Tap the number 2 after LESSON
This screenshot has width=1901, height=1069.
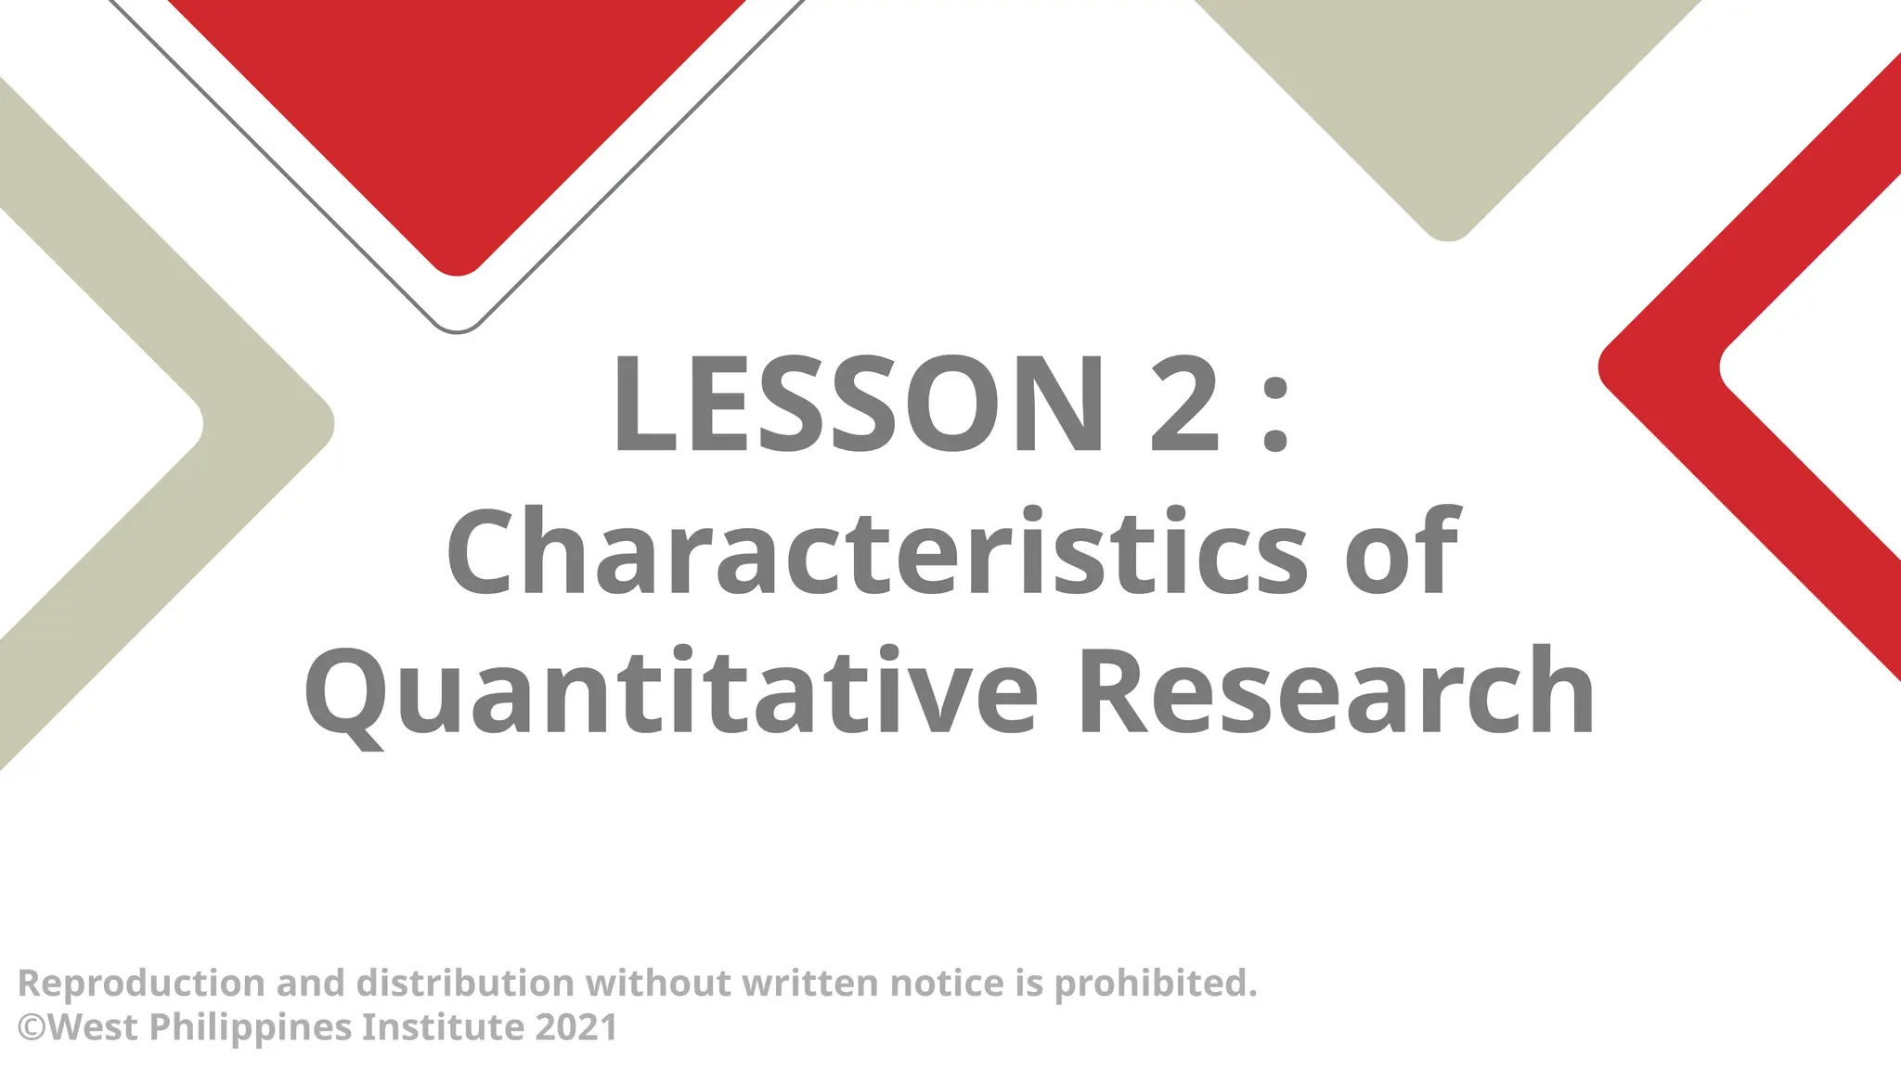pyautogui.click(x=1184, y=406)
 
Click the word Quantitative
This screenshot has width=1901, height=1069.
pyautogui.click(x=671, y=691)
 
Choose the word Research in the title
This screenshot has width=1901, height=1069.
pyautogui.click(x=1336, y=691)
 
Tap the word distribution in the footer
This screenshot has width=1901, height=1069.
pyautogui.click(x=465, y=983)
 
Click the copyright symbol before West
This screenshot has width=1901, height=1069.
pyautogui.click(x=32, y=1027)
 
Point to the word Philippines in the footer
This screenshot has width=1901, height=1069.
pyautogui.click(x=250, y=1028)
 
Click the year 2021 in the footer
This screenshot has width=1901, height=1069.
pyautogui.click(x=576, y=1027)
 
